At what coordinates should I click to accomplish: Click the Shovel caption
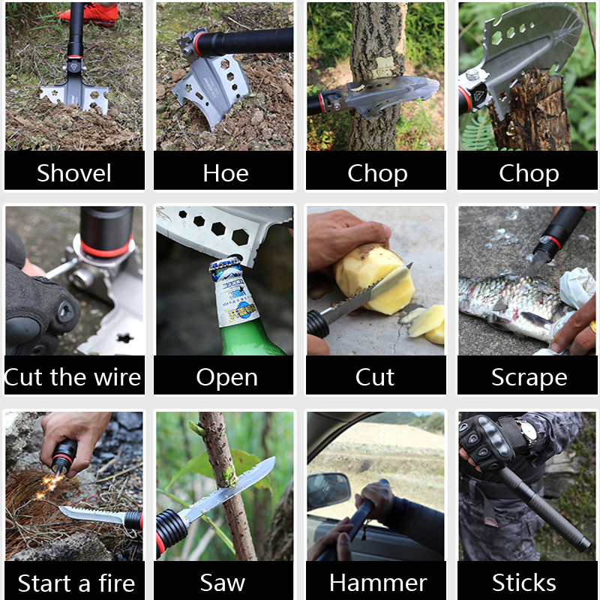coord(73,173)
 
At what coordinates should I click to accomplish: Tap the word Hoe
coord(226,173)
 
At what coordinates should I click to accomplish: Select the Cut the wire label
coord(73,377)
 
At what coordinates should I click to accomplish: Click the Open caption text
coord(227,378)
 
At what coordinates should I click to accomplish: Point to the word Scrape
coord(529,378)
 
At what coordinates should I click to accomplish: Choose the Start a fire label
coord(76,583)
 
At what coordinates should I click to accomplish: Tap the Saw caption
coord(222,583)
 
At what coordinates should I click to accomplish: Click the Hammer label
coord(378,583)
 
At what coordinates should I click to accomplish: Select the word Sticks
coord(523,583)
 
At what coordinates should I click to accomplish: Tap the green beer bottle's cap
coord(226,264)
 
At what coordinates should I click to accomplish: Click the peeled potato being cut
coord(374,277)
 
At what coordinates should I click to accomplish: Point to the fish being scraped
coord(509,306)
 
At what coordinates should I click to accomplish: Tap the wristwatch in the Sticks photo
coord(527,432)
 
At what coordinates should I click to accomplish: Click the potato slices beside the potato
coord(425,324)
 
